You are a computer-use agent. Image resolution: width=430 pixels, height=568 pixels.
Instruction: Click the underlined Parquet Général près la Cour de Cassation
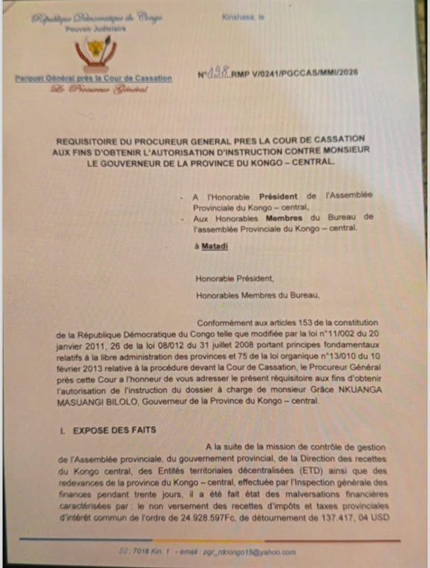click(93, 79)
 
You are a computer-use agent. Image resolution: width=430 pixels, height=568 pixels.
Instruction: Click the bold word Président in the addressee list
click(276, 195)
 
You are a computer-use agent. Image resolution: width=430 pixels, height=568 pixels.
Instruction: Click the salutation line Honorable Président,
click(234, 280)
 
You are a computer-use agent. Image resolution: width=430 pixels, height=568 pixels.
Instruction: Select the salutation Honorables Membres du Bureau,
click(257, 296)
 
